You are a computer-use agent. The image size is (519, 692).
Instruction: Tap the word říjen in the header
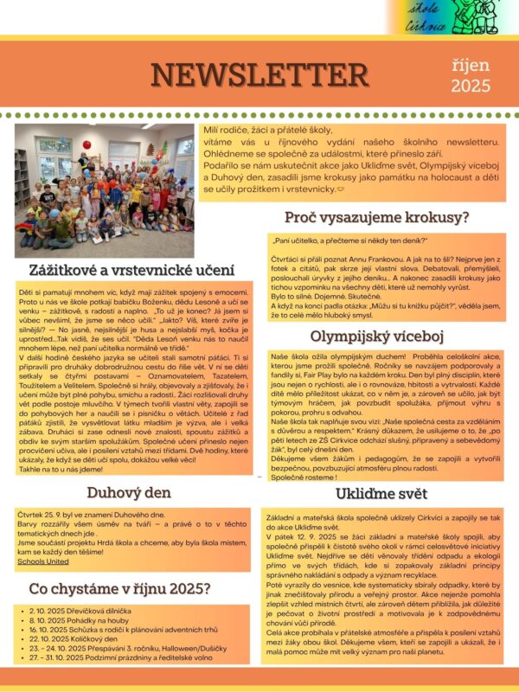pyautogui.click(x=471, y=66)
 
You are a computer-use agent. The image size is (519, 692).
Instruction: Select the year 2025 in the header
pyautogui.click(x=471, y=86)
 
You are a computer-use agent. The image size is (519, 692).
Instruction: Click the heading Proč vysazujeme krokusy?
pyautogui.click(x=383, y=218)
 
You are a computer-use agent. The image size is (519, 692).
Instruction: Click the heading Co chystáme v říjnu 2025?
pyautogui.click(x=119, y=589)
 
